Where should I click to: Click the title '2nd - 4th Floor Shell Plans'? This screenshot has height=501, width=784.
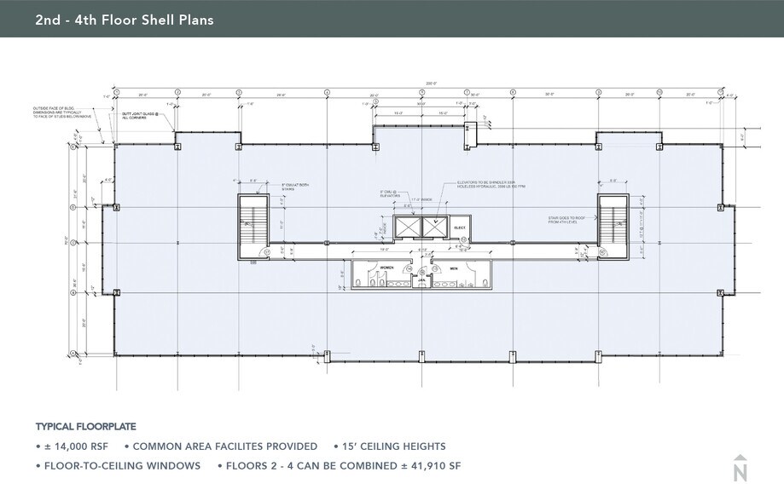[125, 19]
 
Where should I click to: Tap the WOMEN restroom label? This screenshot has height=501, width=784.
[376, 268]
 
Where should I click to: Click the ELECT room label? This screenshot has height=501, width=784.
[458, 227]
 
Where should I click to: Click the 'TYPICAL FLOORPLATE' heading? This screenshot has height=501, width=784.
[85, 426]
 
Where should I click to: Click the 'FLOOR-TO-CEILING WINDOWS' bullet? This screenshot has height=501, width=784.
[122, 466]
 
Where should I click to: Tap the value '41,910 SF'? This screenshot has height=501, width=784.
[432, 466]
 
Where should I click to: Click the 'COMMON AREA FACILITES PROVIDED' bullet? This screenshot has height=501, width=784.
[224, 446]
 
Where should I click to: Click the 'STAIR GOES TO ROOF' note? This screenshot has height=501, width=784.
[564, 221]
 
